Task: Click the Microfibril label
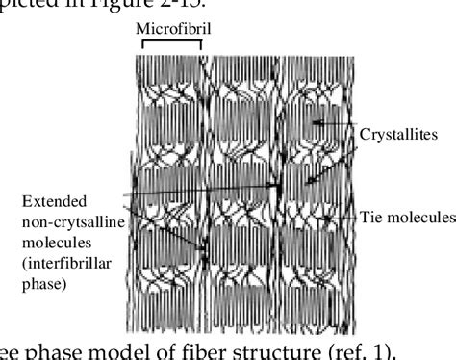pos(174,28)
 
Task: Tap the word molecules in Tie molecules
pos(421,219)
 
